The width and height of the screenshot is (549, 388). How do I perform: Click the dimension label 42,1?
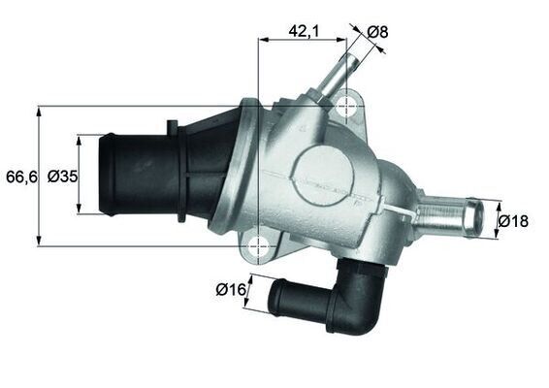pyautogui.click(x=304, y=31)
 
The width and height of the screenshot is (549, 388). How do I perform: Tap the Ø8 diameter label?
pyautogui.click(x=377, y=31)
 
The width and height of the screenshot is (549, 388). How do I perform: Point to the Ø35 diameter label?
pyautogui.click(x=62, y=177)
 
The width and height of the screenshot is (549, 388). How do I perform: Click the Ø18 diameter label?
pyautogui.click(x=513, y=221)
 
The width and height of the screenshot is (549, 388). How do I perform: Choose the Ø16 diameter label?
pyautogui.click(x=229, y=289)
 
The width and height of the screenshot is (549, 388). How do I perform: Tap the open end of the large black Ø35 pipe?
pyautogui.click(x=108, y=176)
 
